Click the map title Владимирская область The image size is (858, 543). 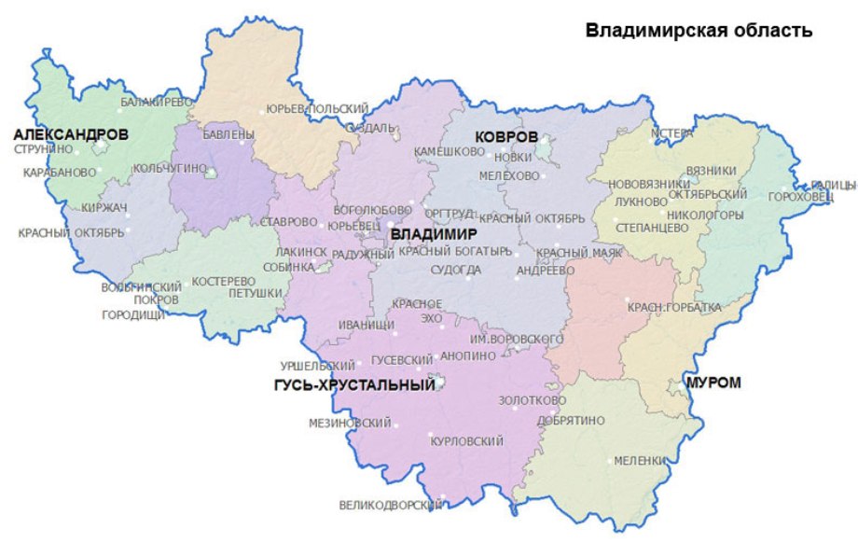699,30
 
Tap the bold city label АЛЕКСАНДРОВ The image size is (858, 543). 71,135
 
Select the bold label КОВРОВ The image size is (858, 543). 506,137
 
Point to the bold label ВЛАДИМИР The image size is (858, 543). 434,232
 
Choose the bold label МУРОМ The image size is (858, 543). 713,383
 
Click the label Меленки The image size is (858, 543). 639,461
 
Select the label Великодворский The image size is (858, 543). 390,506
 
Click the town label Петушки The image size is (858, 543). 255,293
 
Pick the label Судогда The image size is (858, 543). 456,271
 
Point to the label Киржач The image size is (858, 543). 104,206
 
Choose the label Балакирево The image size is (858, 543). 156,101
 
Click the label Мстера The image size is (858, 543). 673,132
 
